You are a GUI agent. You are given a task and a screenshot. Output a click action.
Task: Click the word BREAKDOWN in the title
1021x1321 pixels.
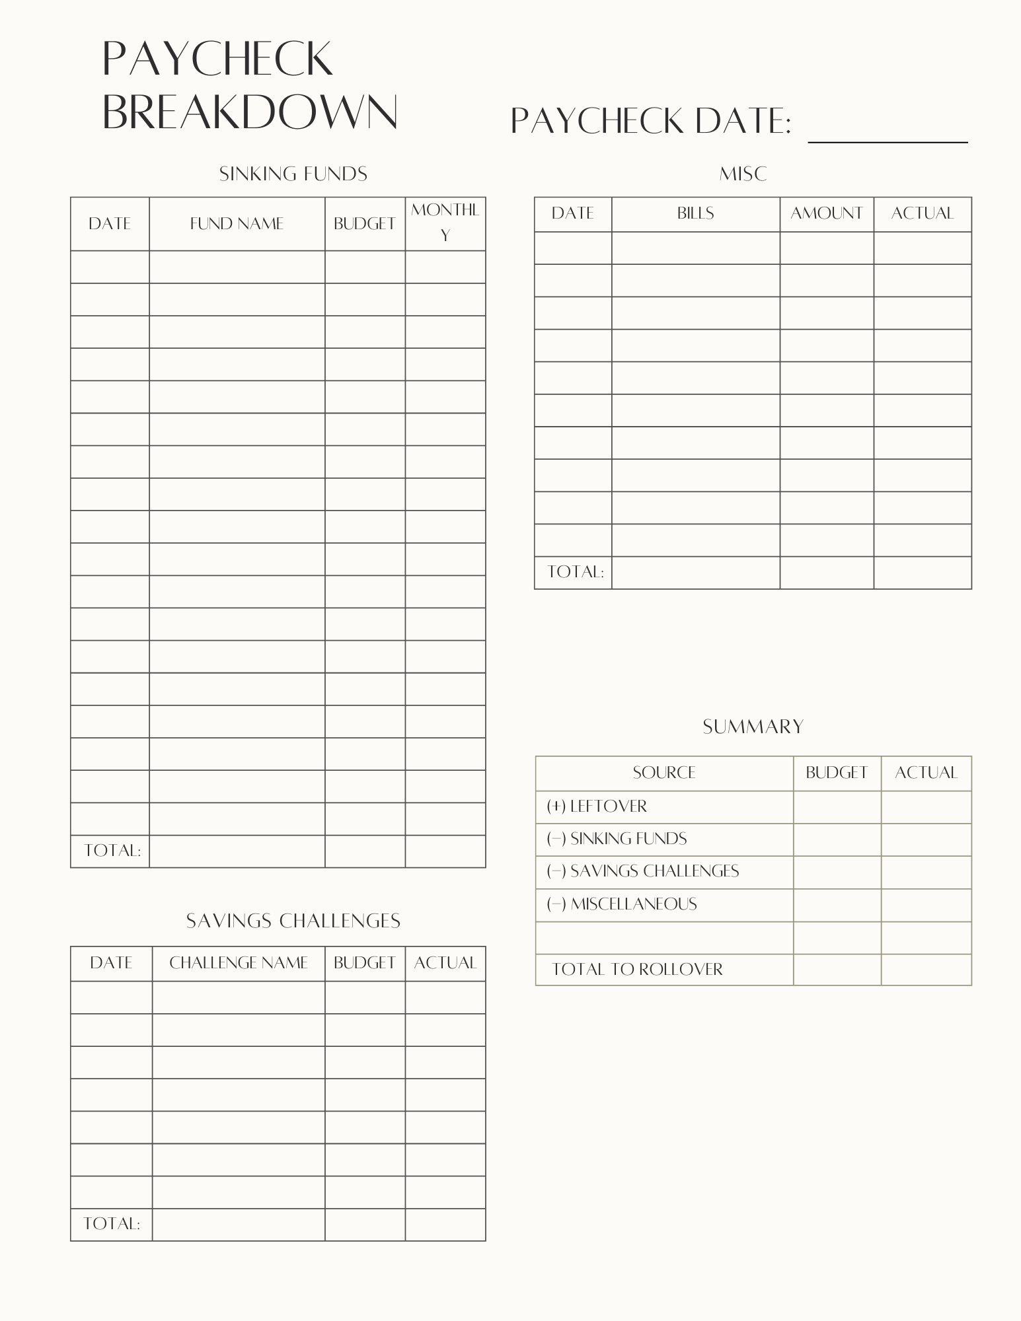(x=250, y=112)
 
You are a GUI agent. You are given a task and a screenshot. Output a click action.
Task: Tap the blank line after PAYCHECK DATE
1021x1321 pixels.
(x=888, y=132)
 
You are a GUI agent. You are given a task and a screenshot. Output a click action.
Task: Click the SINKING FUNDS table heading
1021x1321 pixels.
(x=293, y=174)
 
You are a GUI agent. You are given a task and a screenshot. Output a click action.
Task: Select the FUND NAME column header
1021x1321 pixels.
(x=237, y=224)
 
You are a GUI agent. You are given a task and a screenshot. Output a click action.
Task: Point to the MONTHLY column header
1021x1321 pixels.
(x=445, y=223)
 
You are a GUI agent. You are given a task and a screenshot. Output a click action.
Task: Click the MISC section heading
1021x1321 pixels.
(x=743, y=174)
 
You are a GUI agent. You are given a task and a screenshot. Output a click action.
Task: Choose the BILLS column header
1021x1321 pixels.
(x=695, y=213)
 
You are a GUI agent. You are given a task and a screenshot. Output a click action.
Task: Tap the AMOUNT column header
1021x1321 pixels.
(x=826, y=213)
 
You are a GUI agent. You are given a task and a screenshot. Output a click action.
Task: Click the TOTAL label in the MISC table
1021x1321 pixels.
(x=575, y=572)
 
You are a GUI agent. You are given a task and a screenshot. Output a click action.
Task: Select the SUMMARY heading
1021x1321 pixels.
(x=753, y=727)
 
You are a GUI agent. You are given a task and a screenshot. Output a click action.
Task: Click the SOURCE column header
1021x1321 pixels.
(x=663, y=773)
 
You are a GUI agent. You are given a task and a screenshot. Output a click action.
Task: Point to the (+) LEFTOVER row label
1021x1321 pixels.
(x=597, y=806)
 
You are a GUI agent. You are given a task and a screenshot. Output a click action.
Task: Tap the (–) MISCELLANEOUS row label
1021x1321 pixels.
(x=622, y=904)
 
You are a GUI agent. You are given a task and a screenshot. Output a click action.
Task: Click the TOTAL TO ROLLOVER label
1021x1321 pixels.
(x=637, y=970)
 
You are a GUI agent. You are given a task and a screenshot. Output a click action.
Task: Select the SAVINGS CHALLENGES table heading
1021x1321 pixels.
(x=293, y=921)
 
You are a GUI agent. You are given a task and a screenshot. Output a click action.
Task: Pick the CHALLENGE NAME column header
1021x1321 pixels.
(x=239, y=963)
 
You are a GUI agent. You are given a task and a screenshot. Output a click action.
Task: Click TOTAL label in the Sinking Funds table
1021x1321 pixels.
(x=112, y=851)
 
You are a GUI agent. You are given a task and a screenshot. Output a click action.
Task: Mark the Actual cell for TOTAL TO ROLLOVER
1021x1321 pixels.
(x=926, y=970)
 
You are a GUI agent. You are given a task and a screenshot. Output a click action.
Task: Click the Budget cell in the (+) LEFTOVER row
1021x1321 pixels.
(x=837, y=806)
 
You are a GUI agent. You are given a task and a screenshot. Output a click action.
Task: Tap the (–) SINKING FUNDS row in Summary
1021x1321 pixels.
(x=617, y=839)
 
